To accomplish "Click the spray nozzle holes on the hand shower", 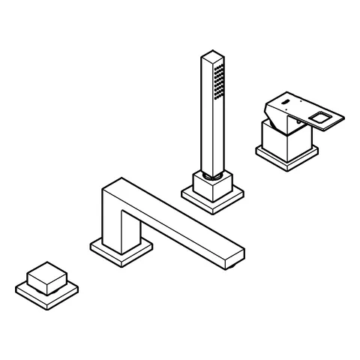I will pyautogui.click(x=220, y=81).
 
